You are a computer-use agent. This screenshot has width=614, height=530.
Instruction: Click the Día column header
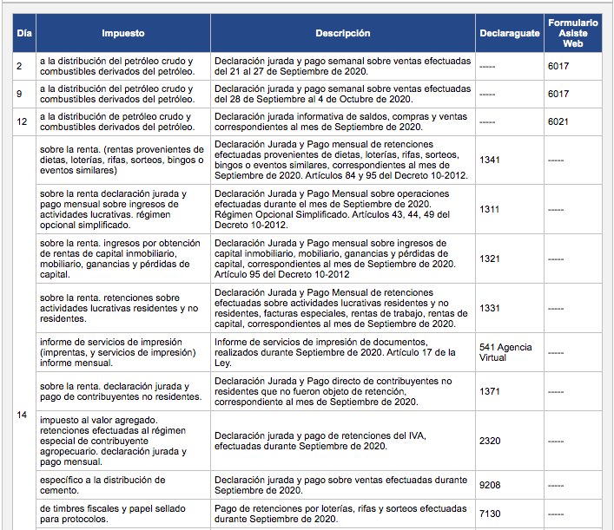point(24,34)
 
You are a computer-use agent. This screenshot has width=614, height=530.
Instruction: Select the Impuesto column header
point(122,34)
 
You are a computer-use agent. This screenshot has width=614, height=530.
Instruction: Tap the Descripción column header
point(342,34)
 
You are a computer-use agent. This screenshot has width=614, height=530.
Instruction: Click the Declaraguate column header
point(508,34)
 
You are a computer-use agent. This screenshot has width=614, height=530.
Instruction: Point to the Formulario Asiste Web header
point(573,34)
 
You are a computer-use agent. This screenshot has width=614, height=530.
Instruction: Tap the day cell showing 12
point(22,121)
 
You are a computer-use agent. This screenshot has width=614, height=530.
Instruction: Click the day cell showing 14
point(23,415)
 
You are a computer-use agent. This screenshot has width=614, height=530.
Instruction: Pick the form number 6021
point(558,121)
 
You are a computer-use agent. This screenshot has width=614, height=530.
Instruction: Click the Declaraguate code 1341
point(490,160)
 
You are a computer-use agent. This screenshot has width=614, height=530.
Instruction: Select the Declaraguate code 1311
point(490,209)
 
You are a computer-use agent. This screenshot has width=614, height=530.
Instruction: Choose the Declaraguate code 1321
point(490,258)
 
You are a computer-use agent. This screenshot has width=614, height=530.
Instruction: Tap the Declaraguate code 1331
point(490,308)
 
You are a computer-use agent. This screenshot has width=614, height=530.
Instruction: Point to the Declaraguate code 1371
point(490,392)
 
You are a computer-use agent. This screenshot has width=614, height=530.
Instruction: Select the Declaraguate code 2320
point(490,441)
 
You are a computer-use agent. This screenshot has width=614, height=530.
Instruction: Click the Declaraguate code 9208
point(490,485)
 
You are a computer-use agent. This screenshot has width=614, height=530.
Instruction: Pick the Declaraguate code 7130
point(490,514)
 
